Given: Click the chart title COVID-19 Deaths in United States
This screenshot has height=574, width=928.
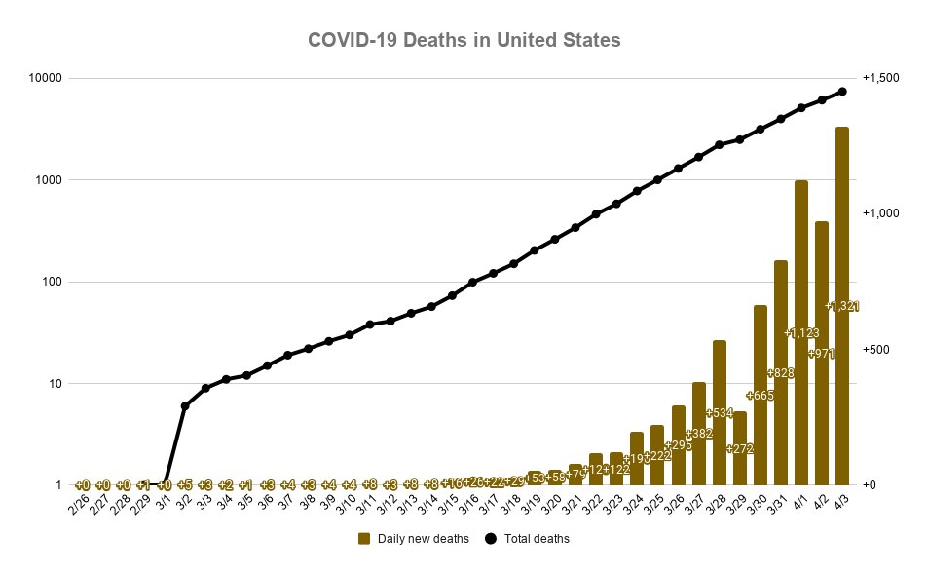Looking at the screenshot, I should tap(464, 41).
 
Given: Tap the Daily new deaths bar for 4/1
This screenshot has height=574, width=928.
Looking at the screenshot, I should tap(801, 332).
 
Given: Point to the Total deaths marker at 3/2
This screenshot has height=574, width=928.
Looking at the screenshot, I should tap(185, 405).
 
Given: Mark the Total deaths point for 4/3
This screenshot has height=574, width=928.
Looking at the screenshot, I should tap(842, 92).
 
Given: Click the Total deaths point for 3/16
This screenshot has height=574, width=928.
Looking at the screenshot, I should tap(472, 283).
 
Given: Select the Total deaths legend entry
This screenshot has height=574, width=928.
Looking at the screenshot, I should tap(526, 538).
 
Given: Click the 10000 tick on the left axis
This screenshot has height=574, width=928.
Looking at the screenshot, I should tap(47, 78).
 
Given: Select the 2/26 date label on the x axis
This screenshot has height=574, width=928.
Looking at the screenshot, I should tap(78, 504).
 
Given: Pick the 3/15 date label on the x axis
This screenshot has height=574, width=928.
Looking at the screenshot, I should tap(447, 504).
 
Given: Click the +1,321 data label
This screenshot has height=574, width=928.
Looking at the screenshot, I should tap(842, 306).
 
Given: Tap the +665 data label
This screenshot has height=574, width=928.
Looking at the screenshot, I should tap(761, 395).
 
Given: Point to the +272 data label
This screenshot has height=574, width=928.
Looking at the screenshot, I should tap(740, 448).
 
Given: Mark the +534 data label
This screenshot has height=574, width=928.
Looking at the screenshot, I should tap(720, 412).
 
